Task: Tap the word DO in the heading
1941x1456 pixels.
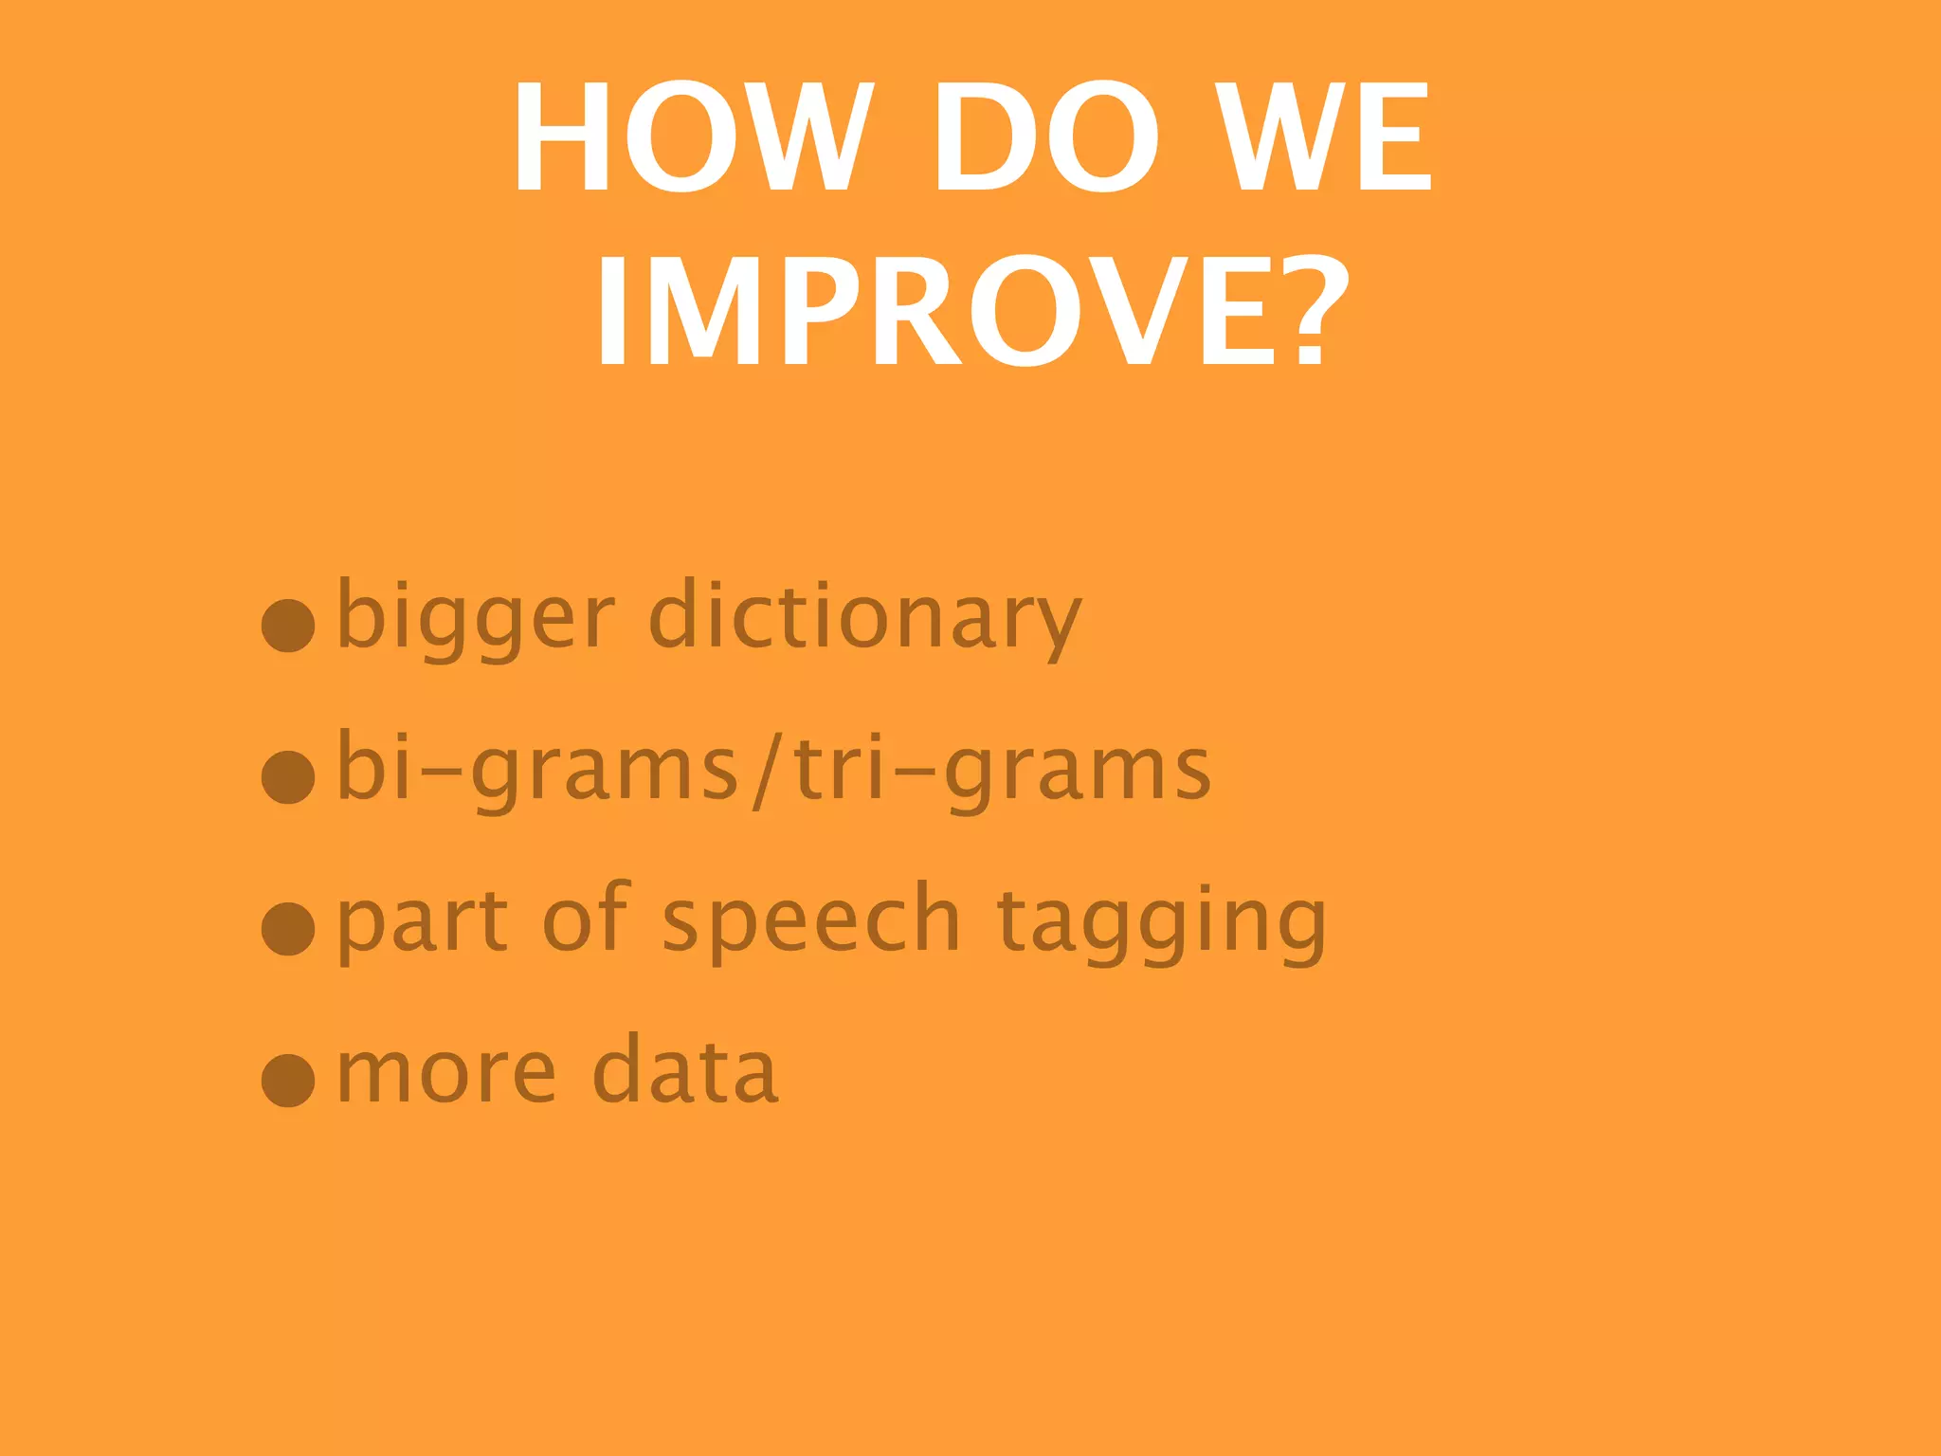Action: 1044,137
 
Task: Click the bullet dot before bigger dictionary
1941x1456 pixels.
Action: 288,626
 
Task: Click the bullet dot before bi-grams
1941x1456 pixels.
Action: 288,777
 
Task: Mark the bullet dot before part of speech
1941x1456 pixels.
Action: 288,928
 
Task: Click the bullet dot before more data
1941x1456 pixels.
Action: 288,1080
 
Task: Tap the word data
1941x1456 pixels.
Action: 685,1071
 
